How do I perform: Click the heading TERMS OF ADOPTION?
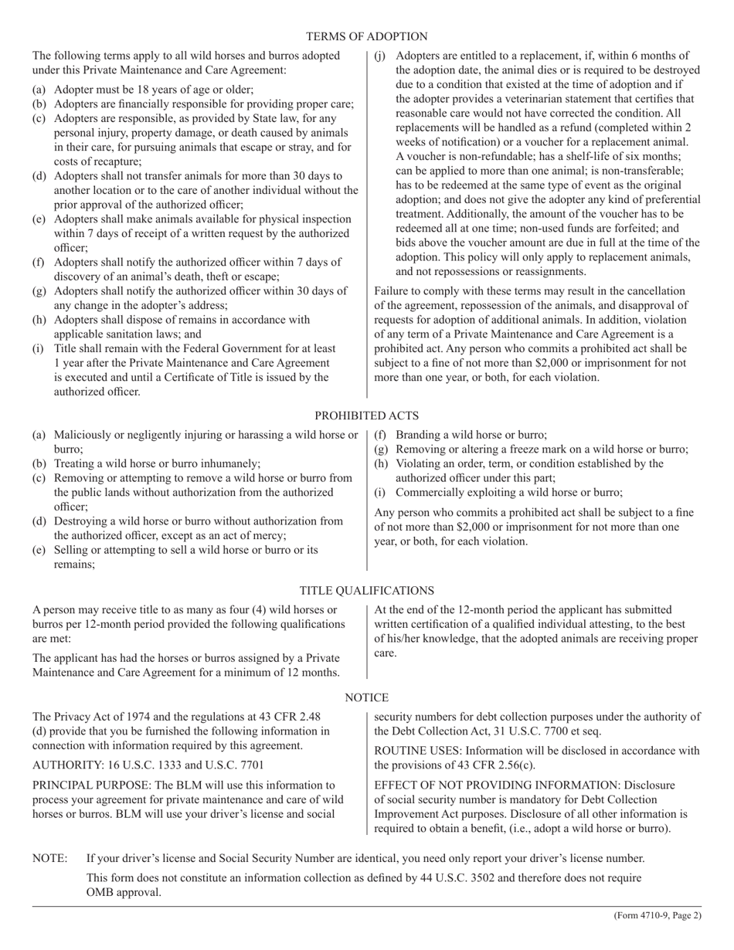(366, 36)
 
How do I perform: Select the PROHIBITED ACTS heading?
(366, 416)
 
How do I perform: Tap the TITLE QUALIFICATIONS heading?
(366, 590)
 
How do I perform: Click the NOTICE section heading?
(366, 697)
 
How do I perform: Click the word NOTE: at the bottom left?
(49, 858)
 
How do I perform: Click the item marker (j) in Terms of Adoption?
(381, 56)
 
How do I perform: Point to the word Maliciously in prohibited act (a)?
(83, 435)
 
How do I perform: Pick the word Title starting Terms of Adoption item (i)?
(66, 348)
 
